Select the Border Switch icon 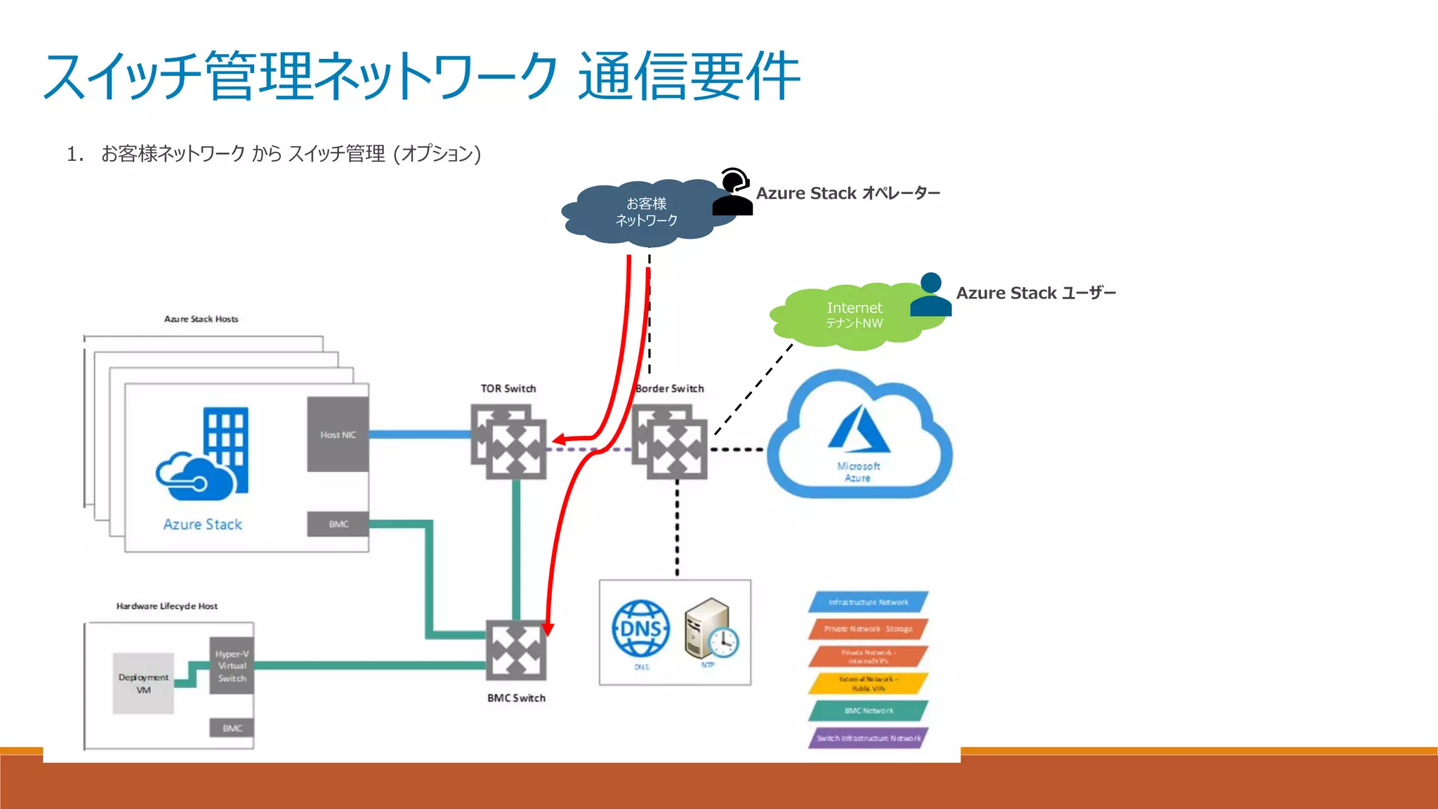tap(670, 442)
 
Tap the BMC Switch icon tap(516, 650)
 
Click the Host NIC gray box tap(338, 434)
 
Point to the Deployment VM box tap(143, 683)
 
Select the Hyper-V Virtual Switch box tap(232, 666)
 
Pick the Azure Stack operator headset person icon tap(733, 192)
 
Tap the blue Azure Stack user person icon tap(930, 295)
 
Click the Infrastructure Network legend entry tap(868, 602)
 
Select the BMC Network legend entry tap(868, 711)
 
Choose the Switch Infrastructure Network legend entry tap(868, 738)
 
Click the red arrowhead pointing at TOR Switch tap(559, 440)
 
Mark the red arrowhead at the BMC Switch tap(548, 629)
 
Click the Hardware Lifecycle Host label tap(167, 606)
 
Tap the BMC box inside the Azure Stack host tap(338, 524)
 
